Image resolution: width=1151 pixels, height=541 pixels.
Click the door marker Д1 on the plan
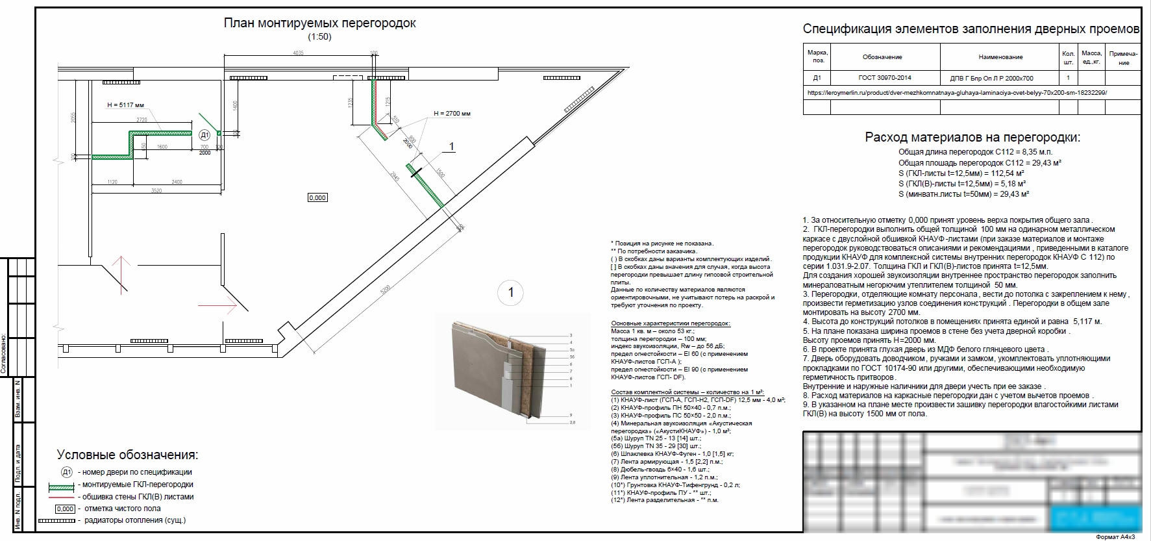(204, 135)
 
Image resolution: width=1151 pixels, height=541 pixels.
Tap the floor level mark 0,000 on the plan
(317, 197)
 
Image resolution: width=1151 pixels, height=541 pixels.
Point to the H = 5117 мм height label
(125, 105)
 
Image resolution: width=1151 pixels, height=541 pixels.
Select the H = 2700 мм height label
(452, 113)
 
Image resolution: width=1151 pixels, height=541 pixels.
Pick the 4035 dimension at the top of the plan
(298, 53)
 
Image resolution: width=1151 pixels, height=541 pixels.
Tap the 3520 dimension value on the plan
(156, 191)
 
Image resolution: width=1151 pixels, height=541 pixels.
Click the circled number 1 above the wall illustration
(510, 293)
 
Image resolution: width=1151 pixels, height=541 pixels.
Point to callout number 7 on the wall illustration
(571, 371)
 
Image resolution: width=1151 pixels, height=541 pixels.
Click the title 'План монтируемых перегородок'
(319, 23)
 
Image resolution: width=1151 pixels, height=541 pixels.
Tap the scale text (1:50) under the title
(319, 37)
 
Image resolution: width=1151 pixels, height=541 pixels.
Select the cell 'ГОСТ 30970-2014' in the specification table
(884, 78)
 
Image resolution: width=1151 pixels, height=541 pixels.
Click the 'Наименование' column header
(1000, 57)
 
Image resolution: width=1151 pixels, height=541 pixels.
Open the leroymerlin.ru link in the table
(957, 93)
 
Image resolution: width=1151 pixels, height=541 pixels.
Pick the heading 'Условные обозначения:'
(127, 455)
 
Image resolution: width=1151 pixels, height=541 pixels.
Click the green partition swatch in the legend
(62, 485)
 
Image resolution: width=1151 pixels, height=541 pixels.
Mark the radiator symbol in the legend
(56, 521)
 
